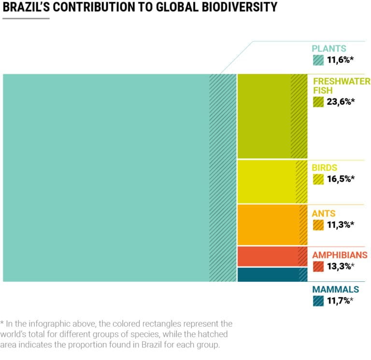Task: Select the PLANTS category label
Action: [x=328, y=48]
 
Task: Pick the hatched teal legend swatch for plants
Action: [x=318, y=60]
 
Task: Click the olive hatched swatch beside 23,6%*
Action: [x=318, y=101]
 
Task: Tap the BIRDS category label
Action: [x=325, y=168]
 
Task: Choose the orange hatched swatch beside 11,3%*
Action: [x=318, y=225]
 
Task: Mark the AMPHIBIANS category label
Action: [x=340, y=255]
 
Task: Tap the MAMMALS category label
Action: [x=336, y=290]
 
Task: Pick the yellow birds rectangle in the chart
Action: [x=267, y=182]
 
